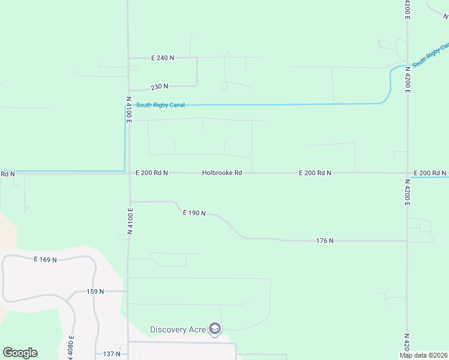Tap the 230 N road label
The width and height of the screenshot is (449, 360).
tap(160, 86)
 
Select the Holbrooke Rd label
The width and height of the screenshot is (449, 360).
tap(222, 173)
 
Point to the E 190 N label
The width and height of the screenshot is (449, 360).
tap(194, 213)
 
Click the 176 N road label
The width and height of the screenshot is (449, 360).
tap(325, 241)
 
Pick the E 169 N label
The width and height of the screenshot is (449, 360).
tap(45, 260)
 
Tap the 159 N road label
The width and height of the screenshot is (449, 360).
tap(95, 292)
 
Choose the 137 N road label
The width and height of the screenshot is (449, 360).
tap(112, 354)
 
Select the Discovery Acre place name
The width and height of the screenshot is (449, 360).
tap(178, 329)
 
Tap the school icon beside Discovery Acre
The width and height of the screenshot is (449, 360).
tap(215, 329)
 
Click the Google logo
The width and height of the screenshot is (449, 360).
tap(20, 353)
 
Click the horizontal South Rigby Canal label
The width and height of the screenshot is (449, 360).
tap(160, 105)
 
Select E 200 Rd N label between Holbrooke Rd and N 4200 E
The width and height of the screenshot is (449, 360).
tap(315, 173)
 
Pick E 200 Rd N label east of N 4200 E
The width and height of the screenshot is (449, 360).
tap(430, 173)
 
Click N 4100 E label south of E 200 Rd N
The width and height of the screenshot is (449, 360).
tap(130, 220)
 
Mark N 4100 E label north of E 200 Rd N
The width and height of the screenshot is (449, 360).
tap(128, 110)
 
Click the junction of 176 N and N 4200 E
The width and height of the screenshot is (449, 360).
tap(407, 241)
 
